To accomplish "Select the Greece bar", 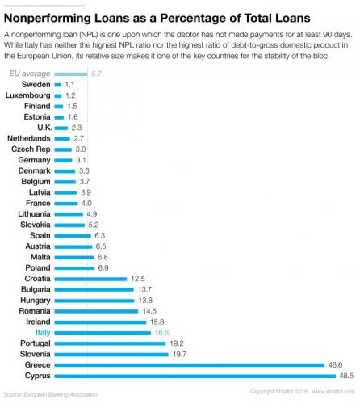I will click(189, 364).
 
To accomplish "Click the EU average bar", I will click(71, 74).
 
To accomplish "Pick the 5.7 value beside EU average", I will click(96, 74).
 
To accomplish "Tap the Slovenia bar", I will click(111, 354).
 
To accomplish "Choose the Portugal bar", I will click(110, 343).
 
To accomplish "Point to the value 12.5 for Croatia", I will click(139, 278).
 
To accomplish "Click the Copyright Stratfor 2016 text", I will click(279, 392).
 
